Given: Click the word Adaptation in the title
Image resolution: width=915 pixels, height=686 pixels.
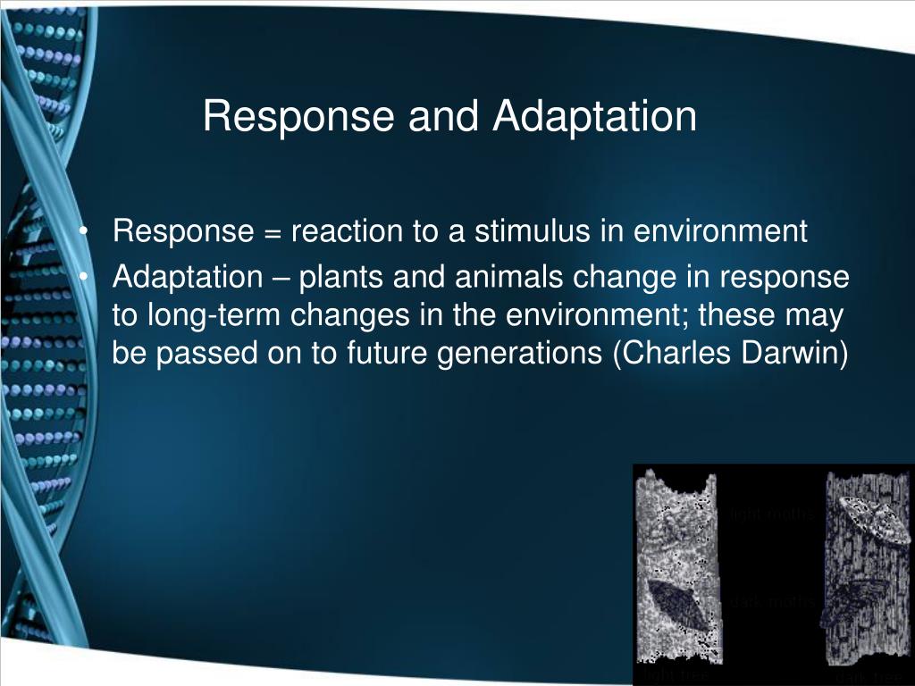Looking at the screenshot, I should click(593, 117).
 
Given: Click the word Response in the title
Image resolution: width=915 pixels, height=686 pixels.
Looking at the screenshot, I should click(298, 117).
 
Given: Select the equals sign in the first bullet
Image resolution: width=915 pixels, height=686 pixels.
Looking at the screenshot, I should click(273, 232).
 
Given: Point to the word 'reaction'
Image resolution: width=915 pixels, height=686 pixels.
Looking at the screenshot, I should click(347, 232).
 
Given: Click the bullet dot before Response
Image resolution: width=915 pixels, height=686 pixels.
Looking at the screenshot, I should click(82, 232).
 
